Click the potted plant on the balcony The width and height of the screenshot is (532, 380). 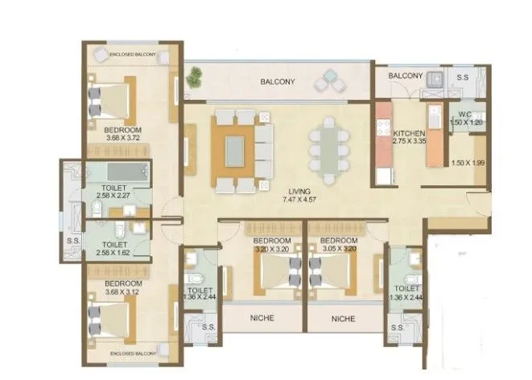(x=194, y=78)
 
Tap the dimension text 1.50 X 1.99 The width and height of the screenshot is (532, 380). (x=468, y=164)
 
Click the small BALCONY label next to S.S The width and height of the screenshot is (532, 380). (x=406, y=76)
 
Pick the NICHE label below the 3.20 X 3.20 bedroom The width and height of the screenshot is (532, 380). (x=262, y=319)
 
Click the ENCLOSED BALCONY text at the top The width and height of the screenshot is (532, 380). (x=131, y=53)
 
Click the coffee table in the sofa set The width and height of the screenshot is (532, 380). (x=234, y=151)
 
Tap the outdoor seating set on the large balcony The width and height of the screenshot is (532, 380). (x=331, y=81)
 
